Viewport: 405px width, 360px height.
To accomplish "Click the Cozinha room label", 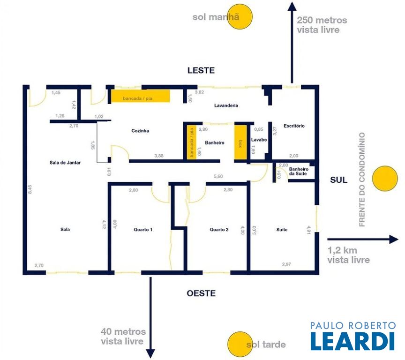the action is click(x=140, y=131).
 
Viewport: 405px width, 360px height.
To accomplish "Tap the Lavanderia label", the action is click(x=226, y=105).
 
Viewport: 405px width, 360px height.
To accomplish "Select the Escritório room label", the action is click(x=294, y=126).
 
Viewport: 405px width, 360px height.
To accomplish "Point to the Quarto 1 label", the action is click(x=143, y=230).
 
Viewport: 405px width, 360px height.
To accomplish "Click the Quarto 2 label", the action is click(x=219, y=230).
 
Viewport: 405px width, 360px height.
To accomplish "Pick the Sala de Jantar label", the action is click(x=65, y=163).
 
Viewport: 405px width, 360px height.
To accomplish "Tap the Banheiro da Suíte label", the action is click(x=299, y=171).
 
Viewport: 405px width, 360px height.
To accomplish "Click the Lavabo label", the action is click(x=259, y=140).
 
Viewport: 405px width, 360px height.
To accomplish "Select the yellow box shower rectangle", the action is click(x=240, y=142).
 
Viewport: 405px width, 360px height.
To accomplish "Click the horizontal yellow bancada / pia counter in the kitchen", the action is click(x=141, y=96).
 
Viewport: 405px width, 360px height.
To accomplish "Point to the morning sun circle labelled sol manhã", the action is click(x=240, y=16).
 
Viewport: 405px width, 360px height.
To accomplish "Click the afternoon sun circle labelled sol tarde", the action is click(x=240, y=344).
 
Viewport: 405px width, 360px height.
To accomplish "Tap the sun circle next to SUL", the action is click(x=385, y=179).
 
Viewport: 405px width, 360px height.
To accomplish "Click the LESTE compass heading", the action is click(x=201, y=70).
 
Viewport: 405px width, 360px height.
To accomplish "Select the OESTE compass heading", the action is click(x=201, y=293).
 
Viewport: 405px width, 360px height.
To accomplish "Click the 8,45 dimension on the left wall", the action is click(x=30, y=189).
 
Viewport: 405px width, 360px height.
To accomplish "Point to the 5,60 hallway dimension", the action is click(x=218, y=176).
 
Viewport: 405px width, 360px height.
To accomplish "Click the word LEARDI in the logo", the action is click(x=353, y=341).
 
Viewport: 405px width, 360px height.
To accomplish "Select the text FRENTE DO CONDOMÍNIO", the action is click(x=362, y=180).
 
